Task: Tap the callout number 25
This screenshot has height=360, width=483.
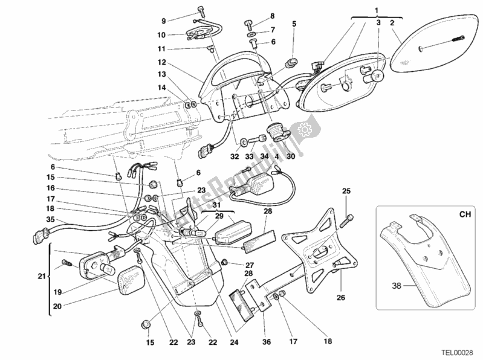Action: [x=346, y=191]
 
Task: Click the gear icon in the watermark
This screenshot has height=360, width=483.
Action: [x=303, y=129]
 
